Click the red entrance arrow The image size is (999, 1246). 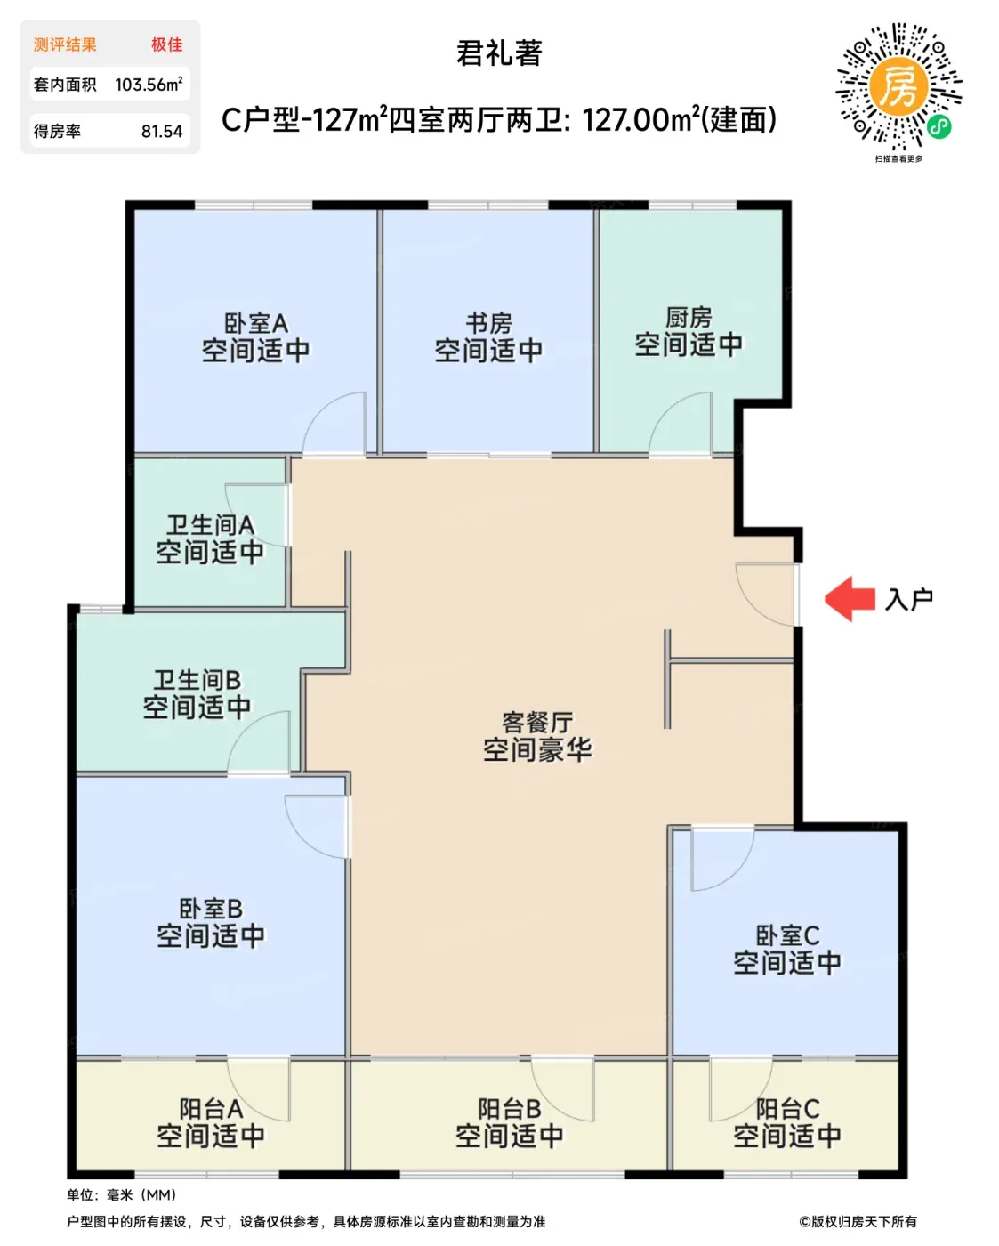tap(849, 599)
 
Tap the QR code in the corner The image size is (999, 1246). tap(898, 87)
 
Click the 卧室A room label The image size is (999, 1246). tap(256, 322)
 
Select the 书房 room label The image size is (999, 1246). tap(489, 322)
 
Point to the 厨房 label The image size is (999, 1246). tap(689, 318)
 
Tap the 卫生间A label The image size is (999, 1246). tap(210, 525)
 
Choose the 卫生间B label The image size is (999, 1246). tap(197, 680)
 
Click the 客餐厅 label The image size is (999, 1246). tap(537, 723)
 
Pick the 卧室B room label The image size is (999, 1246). tap(211, 909)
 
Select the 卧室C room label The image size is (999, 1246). tap(787, 935)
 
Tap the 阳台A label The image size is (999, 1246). tap(211, 1109)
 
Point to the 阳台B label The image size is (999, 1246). tap(510, 1109)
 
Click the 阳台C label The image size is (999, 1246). tap(787, 1109)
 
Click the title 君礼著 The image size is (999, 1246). tap(499, 53)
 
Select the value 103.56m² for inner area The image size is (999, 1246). tap(149, 85)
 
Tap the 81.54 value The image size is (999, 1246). tap(162, 132)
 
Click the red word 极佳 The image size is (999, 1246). tap(166, 44)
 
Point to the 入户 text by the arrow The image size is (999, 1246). tap(908, 599)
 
